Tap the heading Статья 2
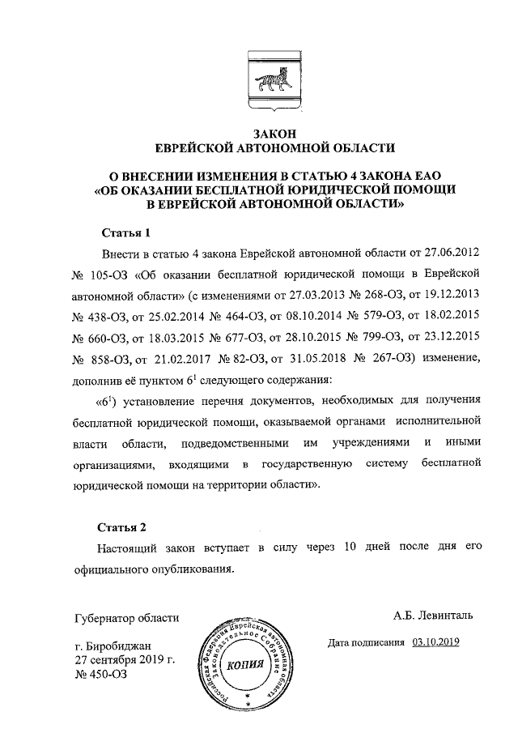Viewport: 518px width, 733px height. (124, 527)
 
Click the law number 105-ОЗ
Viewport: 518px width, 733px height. (110, 275)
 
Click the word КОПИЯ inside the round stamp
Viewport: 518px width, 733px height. (245, 666)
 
